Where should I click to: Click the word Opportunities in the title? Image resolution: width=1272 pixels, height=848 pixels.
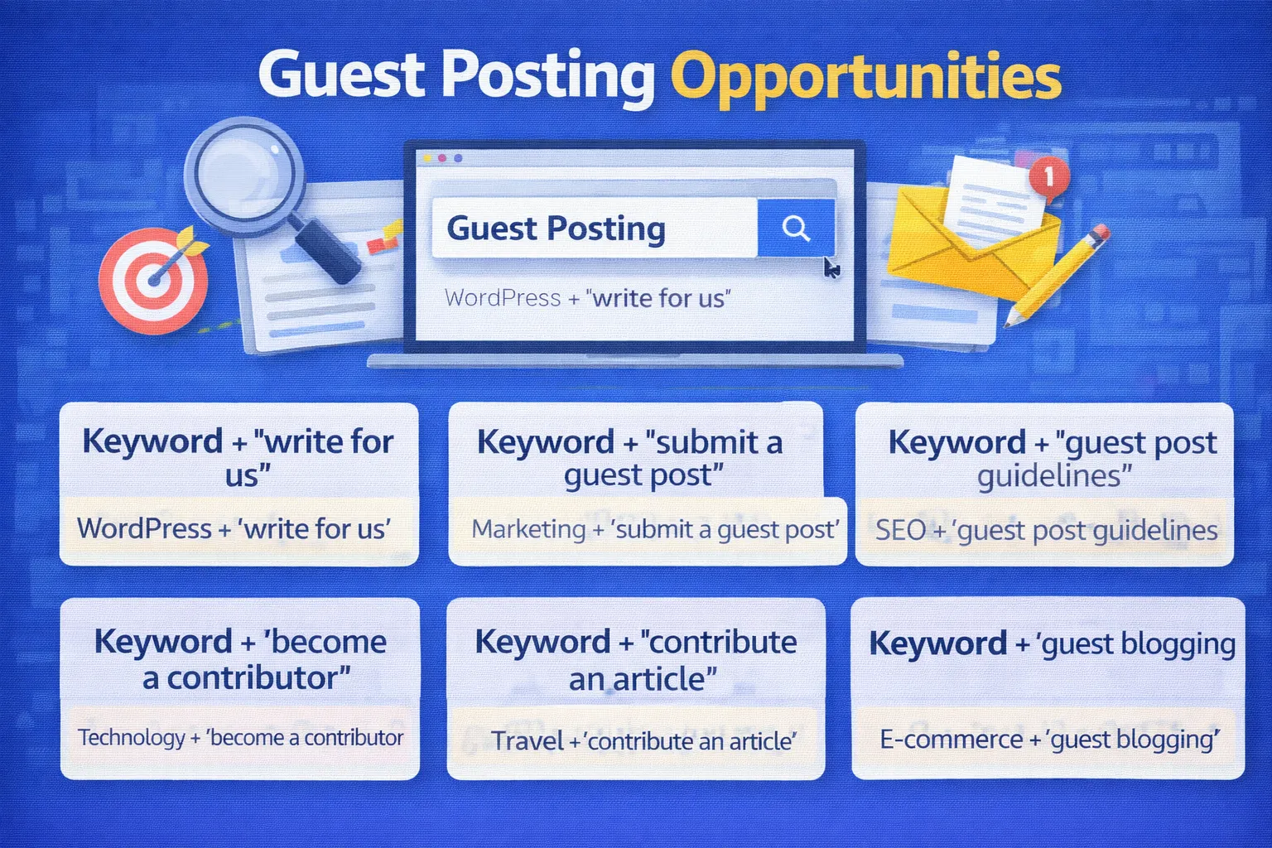(865, 77)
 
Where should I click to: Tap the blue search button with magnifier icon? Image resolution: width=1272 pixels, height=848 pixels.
(796, 228)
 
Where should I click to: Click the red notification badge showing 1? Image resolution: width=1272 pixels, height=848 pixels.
(1049, 176)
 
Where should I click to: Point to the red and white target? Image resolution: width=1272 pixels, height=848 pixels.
(153, 280)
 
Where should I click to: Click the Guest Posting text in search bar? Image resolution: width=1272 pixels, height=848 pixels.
(556, 229)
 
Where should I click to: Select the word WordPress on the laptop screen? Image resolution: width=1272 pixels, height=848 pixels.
(503, 298)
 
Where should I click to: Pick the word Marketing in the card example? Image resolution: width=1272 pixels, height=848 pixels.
(528, 529)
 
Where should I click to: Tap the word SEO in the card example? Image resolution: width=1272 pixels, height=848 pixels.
(900, 530)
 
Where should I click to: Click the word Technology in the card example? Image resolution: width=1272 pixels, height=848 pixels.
(132, 738)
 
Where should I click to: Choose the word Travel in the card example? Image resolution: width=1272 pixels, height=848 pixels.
(528, 740)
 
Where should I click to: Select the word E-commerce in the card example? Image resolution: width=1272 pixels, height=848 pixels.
(951, 740)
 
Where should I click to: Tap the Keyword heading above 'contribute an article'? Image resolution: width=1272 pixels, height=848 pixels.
(542, 643)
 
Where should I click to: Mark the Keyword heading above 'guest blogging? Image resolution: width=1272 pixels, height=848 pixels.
(937, 643)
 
